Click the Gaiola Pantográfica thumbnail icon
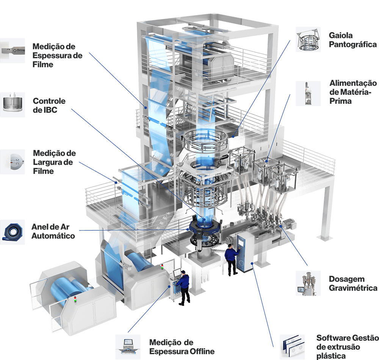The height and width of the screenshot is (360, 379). coord(308,39)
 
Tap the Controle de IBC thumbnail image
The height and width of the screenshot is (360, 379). coord(13,105)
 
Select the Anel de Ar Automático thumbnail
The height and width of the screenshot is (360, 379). coord(13,232)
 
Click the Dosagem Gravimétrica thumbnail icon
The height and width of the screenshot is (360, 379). coord(308,283)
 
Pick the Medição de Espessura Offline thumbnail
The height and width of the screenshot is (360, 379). coord(128,347)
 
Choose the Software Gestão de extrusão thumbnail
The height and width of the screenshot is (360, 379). coord(292,347)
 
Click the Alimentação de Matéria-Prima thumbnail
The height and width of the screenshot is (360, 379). coord(308,94)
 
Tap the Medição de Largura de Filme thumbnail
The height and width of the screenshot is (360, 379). coord(13,162)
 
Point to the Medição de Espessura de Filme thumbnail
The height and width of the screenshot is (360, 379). coord(13,51)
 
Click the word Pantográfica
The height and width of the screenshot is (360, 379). coord(352,44)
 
